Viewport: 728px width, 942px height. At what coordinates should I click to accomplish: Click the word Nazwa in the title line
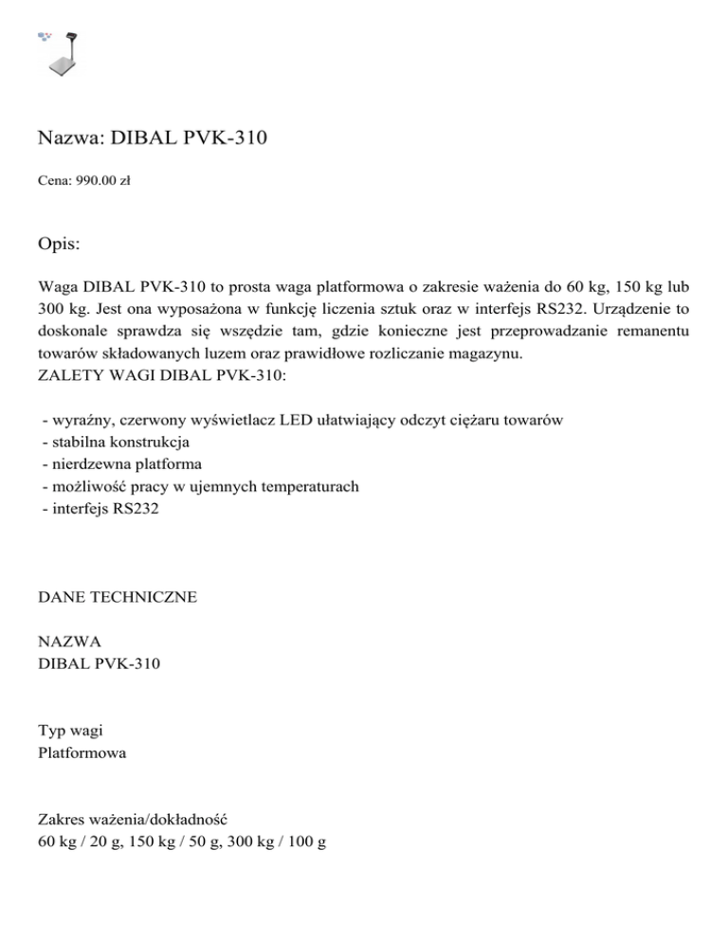tap(71, 140)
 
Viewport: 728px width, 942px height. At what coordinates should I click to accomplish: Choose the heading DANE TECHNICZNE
tap(118, 597)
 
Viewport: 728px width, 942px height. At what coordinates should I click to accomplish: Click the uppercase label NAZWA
tap(69, 642)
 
